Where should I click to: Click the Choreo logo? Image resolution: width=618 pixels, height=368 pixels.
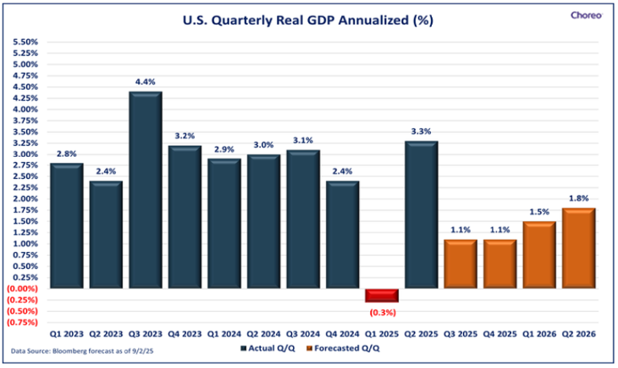[586, 14]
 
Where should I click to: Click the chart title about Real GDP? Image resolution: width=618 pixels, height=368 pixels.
[308, 20]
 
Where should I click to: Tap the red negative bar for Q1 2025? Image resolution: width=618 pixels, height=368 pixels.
[381, 295]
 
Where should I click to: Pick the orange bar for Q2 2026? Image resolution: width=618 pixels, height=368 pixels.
[578, 248]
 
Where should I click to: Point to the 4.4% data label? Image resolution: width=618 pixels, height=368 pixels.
[145, 82]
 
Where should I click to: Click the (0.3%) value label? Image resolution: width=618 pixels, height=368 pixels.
[381, 311]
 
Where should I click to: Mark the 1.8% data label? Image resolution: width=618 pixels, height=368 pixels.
[578, 199]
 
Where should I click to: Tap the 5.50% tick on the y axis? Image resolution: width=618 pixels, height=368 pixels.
[25, 42]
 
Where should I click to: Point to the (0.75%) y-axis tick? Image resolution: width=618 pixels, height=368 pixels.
[23, 322]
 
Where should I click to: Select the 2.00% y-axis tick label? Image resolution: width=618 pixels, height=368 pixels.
[25, 199]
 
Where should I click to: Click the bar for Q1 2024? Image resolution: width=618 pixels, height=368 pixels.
[223, 224]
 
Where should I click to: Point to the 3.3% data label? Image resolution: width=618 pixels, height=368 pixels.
[421, 132]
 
